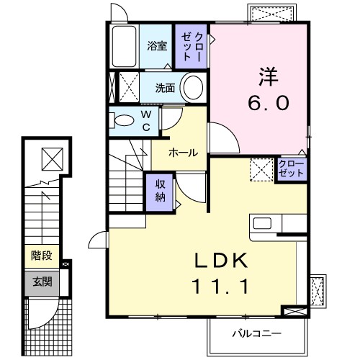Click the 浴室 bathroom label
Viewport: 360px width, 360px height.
pos(157,46)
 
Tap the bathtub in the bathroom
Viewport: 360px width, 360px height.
pos(125,48)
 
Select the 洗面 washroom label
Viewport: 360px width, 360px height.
pos(167,89)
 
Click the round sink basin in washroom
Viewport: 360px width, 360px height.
pos(192,89)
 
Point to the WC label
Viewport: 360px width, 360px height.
pos(145,120)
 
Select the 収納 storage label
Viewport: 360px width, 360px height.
pos(161,191)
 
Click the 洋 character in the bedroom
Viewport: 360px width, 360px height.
pos(267,76)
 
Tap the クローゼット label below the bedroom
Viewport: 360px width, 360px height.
pos(291,170)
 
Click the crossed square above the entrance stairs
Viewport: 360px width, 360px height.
pos(50,157)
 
